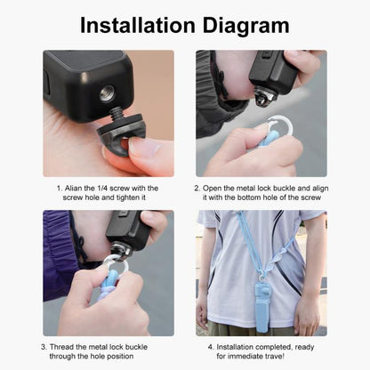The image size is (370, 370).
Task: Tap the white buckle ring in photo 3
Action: pyautogui.click(x=116, y=265)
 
